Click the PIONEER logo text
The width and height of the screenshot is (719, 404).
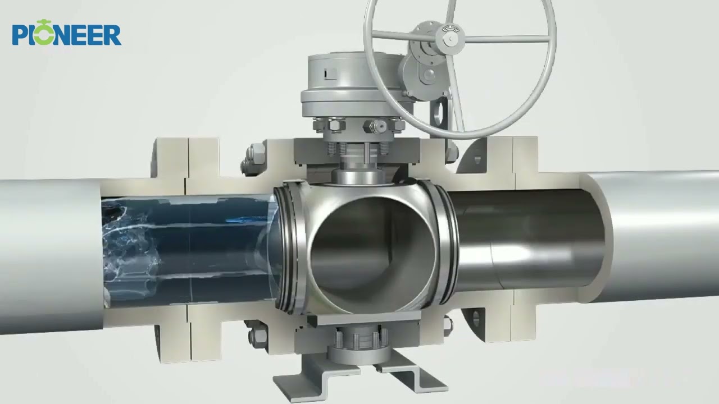click(66, 35)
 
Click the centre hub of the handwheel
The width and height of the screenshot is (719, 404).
click(449, 39)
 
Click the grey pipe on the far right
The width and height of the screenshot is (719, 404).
click(663, 236)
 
